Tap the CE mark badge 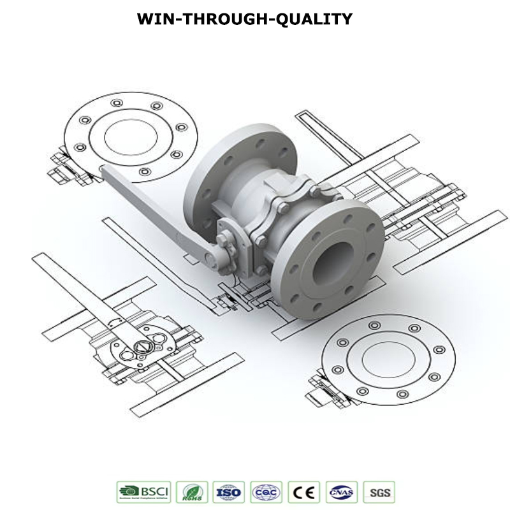305,492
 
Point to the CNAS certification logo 342,492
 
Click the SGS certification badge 379,492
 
